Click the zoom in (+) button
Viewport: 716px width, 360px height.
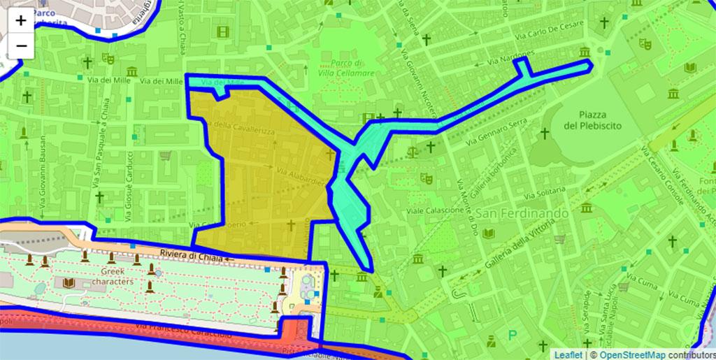(21, 20)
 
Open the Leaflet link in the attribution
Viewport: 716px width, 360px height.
(568, 354)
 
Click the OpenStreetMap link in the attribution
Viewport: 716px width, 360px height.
(632, 354)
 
